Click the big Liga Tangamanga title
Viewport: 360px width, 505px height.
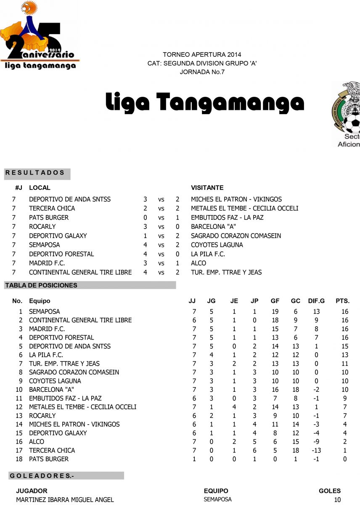[x=204, y=102]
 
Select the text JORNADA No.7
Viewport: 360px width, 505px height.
[x=202, y=72]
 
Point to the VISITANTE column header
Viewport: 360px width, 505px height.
[x=207, y=188]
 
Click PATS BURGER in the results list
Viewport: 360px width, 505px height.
[x=49, y=218]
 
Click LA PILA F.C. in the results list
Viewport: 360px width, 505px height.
[x=208, y=254]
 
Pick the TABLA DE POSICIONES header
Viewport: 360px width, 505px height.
[x=41, y=285]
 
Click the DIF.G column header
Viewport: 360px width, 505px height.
[x=316, y=301]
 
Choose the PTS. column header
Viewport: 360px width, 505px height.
[x=342, y=301]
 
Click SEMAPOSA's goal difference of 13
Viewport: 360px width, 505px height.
[x=316, y=312]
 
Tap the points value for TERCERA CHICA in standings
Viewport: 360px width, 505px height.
[x=345, y=450]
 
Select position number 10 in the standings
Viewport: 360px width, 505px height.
[x=19, y=390]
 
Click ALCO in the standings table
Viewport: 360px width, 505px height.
[x=37, y=442]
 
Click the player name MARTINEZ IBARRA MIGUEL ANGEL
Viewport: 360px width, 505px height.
[x=65, y=500]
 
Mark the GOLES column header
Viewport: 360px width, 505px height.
[x=330, y=491]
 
